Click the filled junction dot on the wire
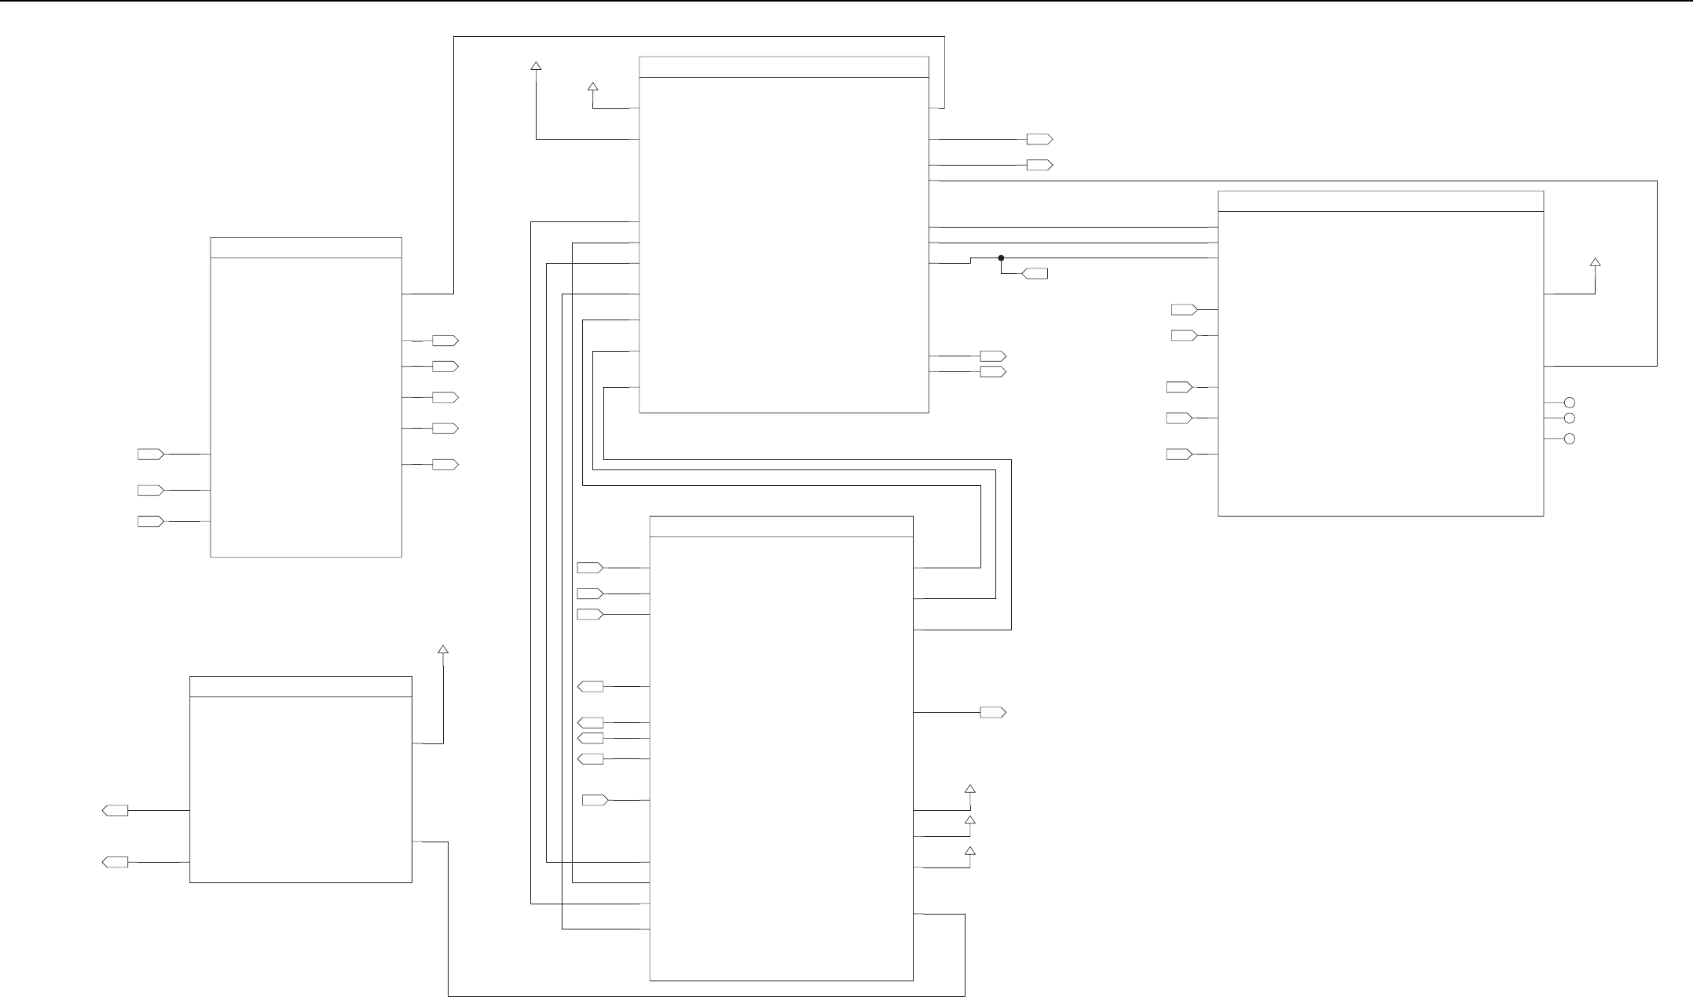coord(1001,257)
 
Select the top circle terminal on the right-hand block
coord(1570,402)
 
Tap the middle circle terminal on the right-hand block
coord(1570,418)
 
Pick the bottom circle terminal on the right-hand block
coord(1570,439)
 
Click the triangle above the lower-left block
coord(443,650)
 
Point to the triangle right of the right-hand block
coord(1595,262)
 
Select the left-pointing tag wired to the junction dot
coord(1035,273)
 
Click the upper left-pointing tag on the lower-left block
coord(115,810)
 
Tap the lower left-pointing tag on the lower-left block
coord(115,862)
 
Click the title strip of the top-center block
coord(783,68)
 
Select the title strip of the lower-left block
coord(301,686)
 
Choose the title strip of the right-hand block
coord(1380,201)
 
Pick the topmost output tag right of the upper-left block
coord(445,341)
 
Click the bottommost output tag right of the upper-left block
coord(445,465)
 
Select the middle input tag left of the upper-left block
coord(151,490)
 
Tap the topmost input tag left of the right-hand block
coord(1184,309)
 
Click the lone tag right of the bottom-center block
coord(993,713)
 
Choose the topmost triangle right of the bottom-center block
coord(969,789)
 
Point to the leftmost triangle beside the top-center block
coord(536,67)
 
